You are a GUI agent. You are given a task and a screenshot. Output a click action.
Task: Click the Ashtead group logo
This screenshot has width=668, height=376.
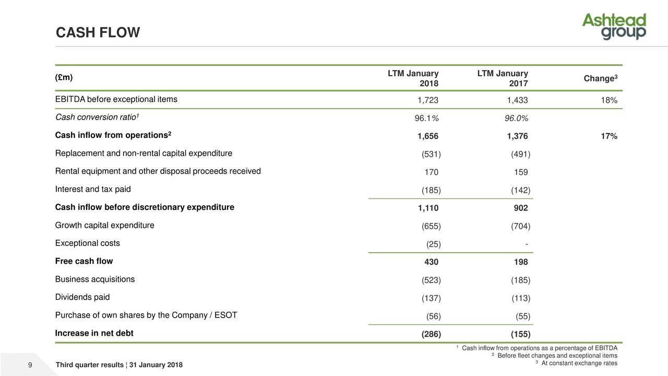click(614, 27)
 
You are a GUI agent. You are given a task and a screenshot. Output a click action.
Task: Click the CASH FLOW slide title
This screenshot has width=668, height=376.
click(98, 33)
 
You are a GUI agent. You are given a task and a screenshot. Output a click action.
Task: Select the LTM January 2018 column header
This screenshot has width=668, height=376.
click(413, 79)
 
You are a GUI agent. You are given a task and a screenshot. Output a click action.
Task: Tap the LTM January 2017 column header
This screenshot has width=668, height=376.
click(503, 79)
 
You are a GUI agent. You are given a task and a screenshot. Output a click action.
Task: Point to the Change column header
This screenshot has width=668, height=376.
click(601, 79)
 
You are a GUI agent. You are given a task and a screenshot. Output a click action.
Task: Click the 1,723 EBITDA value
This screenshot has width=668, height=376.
click(428, 101)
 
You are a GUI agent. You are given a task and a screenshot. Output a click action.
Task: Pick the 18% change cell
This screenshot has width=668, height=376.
click(609, 101)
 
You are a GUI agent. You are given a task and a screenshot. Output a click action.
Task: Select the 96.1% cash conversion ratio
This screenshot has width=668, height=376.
click(426, 119)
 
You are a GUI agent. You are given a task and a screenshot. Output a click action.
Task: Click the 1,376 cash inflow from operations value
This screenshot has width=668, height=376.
click(517, 137)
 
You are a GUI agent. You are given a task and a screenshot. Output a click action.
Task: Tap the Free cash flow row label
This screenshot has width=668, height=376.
click(84, 261)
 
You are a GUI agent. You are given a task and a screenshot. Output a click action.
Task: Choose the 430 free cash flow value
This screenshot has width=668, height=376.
click(431, 262)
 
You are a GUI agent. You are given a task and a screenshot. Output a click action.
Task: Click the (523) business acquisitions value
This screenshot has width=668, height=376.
click(431, 280)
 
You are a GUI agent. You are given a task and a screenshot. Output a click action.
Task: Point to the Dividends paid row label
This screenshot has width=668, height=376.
click(82, 297)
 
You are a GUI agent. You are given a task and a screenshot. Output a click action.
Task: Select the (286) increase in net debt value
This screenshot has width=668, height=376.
click(431, 335)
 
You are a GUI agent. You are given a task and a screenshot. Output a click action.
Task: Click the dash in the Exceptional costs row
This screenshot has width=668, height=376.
click(527, 244)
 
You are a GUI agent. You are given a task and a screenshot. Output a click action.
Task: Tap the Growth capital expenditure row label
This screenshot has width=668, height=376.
click(104, 226)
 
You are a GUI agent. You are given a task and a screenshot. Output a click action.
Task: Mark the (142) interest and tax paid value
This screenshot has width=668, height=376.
click(520, 191)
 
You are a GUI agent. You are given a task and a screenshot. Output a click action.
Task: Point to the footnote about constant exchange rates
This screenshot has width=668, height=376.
click(579, 363)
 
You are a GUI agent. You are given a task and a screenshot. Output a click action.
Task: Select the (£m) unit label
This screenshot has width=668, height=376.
click(64, 78)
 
